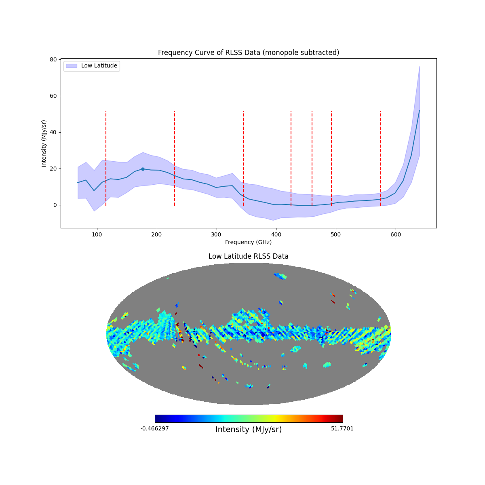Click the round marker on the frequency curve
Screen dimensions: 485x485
(143, 169)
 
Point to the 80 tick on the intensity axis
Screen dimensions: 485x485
(53, 59)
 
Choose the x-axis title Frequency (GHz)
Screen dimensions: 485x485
(248, 242)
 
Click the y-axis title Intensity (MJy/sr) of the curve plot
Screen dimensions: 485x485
(44, 143)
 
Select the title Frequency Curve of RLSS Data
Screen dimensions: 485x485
(248, 53)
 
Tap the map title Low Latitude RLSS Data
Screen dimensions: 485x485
(248, 256)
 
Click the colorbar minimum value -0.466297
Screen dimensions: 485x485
(155, 428)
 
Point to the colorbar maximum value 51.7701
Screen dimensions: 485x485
(342, 428)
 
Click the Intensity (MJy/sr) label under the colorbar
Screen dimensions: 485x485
(249, 430)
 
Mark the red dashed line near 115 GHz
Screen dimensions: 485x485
(106, 158)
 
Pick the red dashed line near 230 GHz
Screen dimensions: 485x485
(175, 158)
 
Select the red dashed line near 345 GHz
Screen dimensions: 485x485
(243, 158)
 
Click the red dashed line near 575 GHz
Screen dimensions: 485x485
(381, 158)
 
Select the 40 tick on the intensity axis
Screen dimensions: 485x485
(53, 132)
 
